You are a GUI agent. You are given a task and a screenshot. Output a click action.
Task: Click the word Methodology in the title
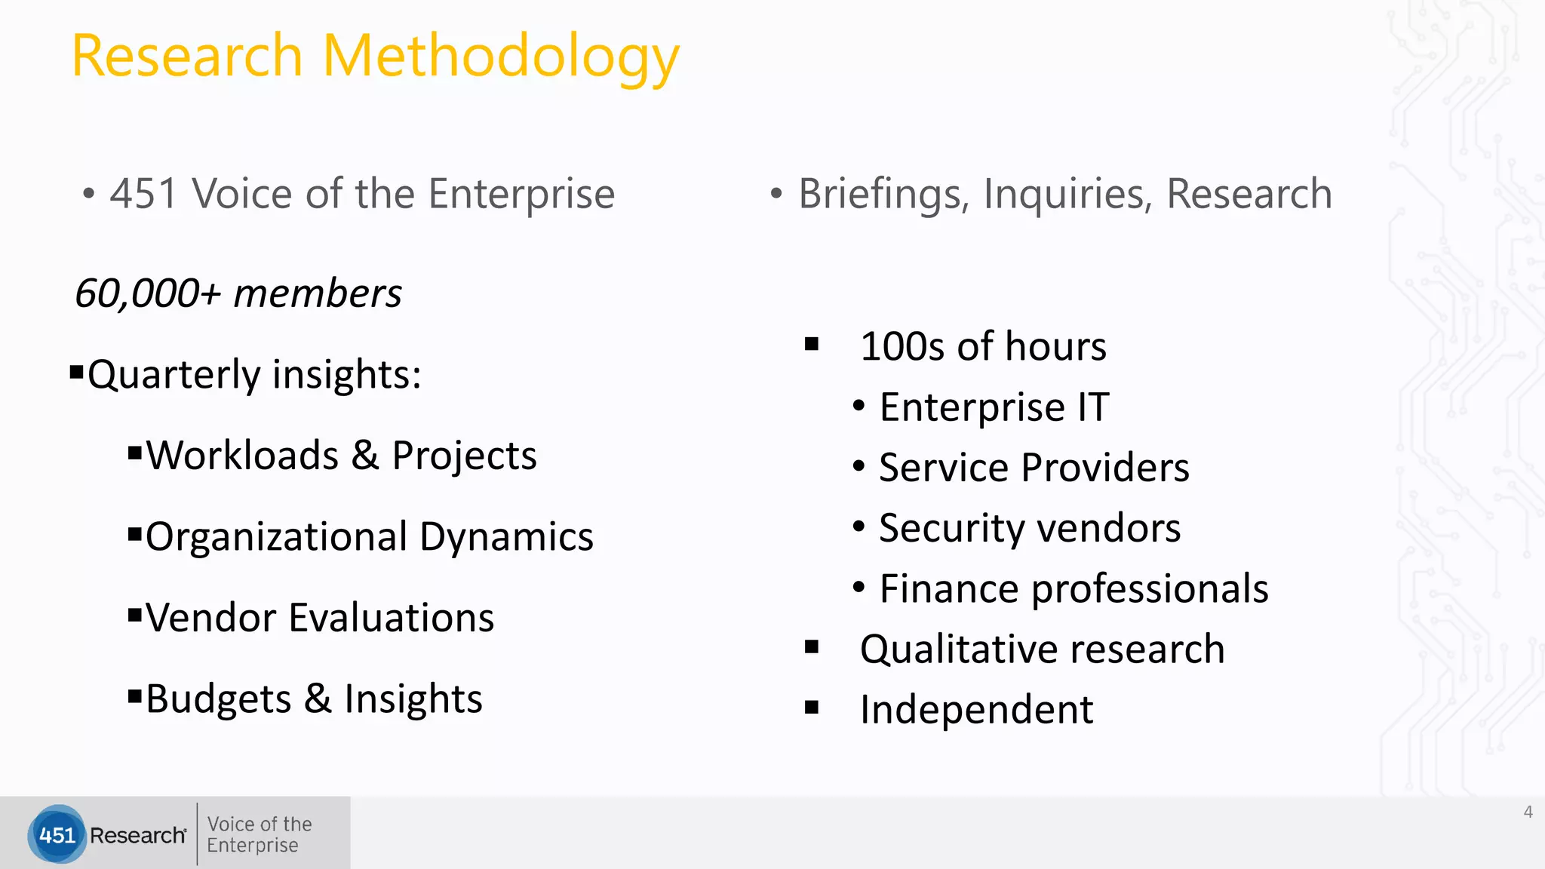[x=501, y=57]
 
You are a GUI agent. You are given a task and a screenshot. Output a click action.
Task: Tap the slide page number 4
[x=1528, y=812]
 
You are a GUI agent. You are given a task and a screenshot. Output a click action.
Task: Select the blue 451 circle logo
[x=57, y=834]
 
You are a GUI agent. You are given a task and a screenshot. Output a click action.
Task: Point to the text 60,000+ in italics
[x=148, y=293]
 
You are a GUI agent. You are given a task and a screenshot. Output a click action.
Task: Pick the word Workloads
[x=242, y=456]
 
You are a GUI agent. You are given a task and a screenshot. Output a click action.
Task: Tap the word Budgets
[x=218, y=699]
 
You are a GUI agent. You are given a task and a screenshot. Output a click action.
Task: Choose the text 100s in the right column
[x=902, y=347]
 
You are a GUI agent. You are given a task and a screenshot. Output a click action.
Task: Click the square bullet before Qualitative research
[x=812, y=647]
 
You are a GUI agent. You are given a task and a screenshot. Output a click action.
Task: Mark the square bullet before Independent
[x=812, y=708]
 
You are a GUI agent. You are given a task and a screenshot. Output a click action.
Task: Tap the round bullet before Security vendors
[x=859, y=527]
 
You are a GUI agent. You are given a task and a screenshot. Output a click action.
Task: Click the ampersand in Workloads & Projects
[x=365, y=456]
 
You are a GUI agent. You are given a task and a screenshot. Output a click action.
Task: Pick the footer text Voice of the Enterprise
[x=259, y=834]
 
